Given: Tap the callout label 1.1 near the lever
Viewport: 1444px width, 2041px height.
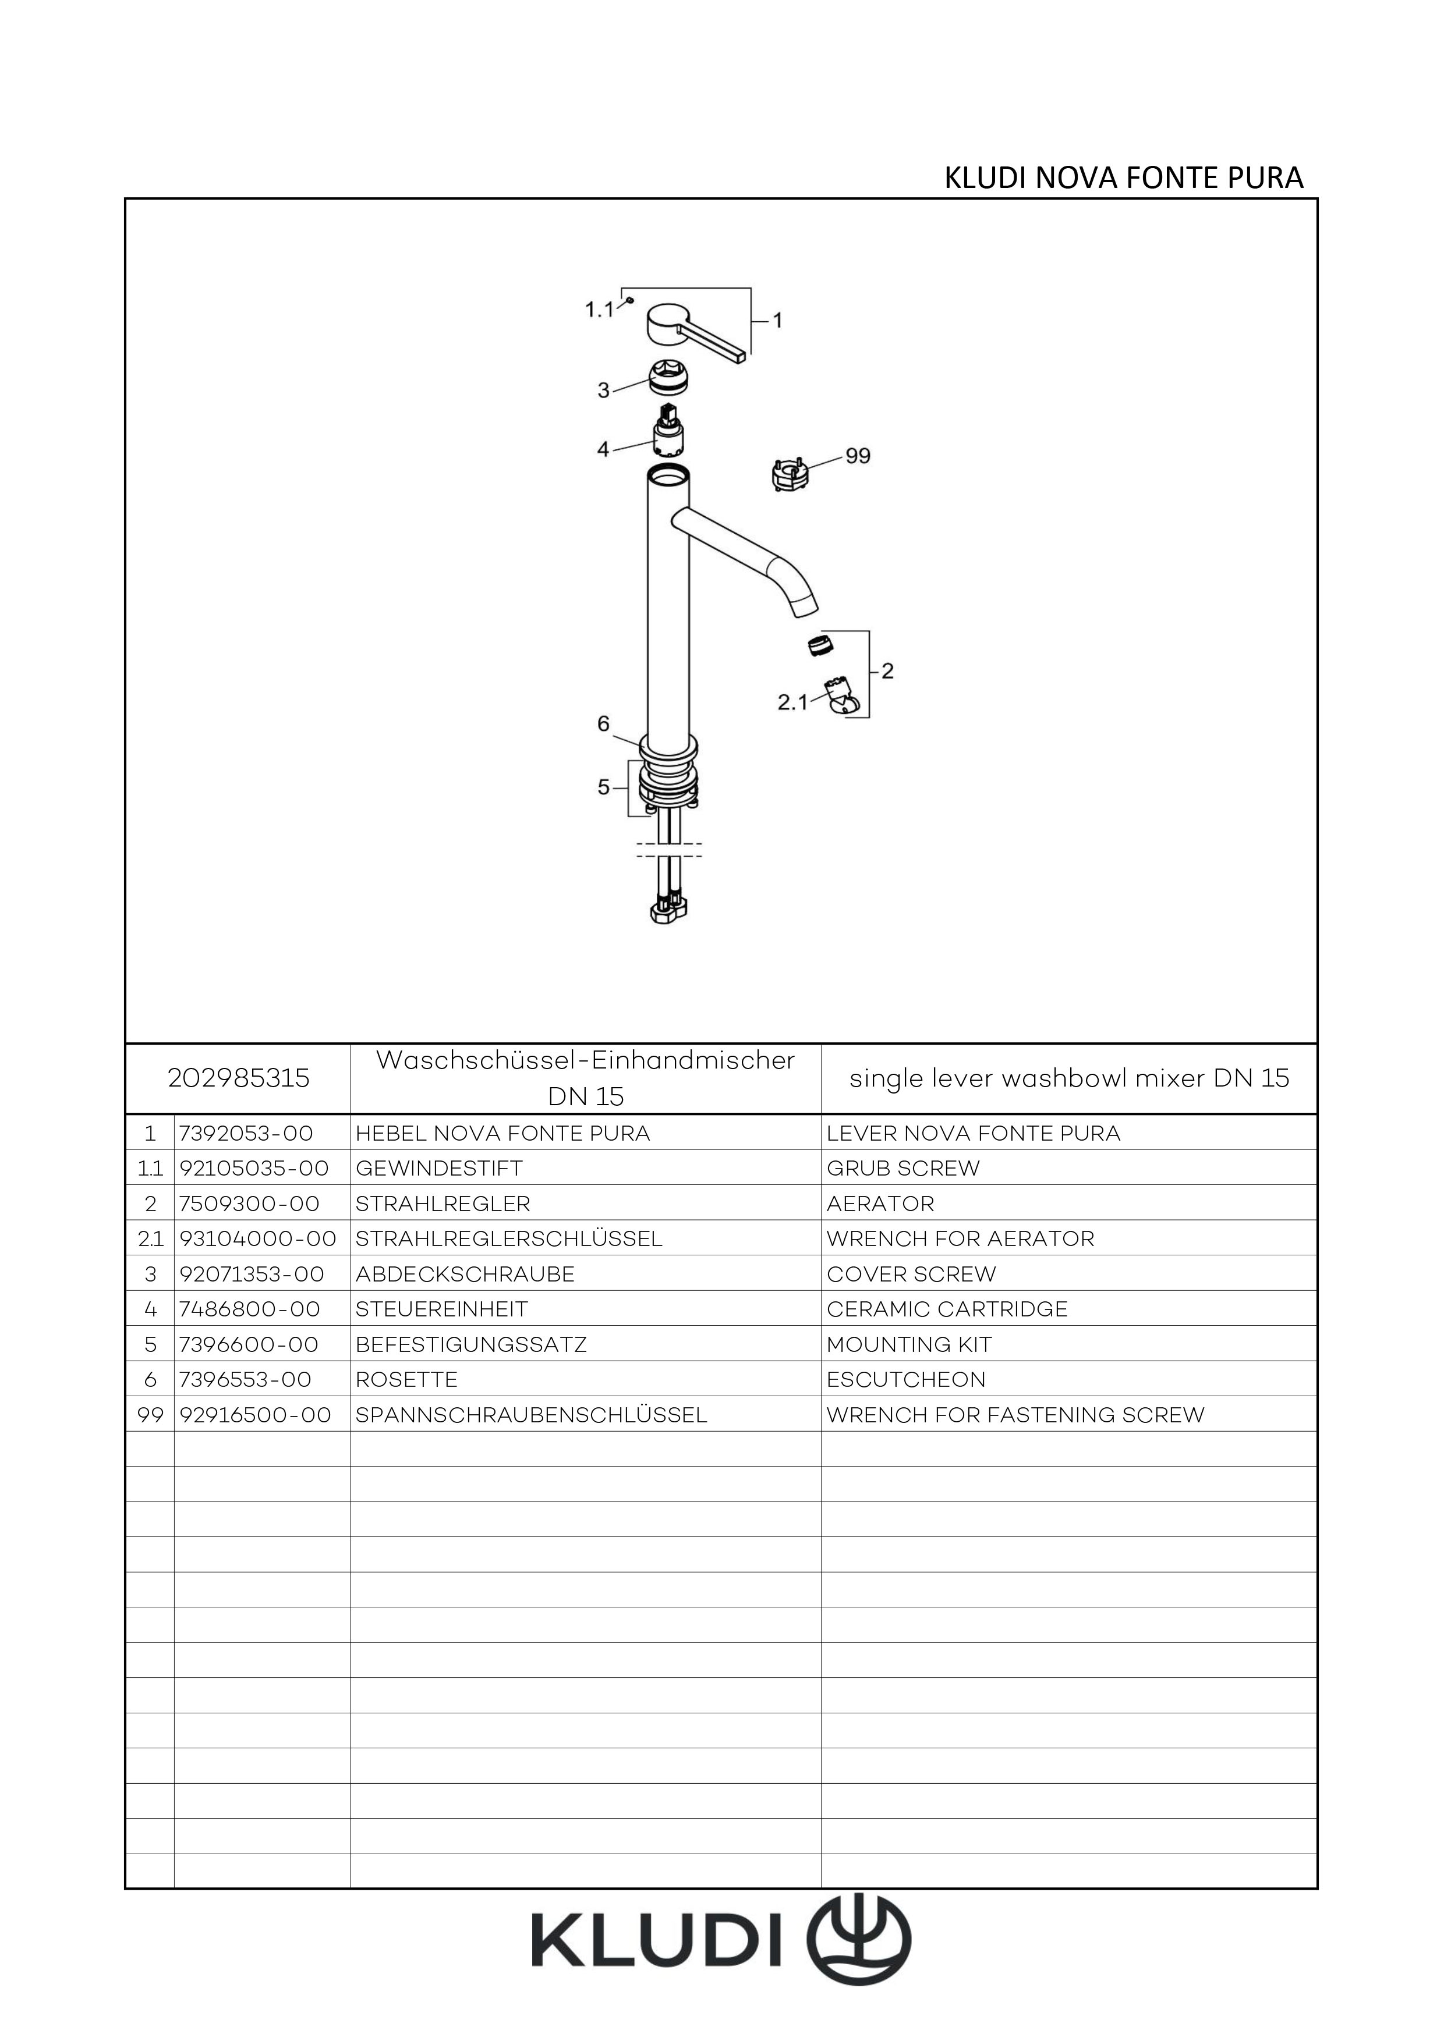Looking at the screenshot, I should pos(599,310).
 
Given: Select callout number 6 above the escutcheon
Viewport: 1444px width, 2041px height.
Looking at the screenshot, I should pos(604,725).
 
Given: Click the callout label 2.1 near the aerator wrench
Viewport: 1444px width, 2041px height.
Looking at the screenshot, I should pos(793,702).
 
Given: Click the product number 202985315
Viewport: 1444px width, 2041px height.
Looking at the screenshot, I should pos(238,1078).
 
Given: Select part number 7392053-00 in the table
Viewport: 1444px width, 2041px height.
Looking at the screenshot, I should pos(246,1133).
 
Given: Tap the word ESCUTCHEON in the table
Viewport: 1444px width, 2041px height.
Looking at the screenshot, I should pos(906,1380).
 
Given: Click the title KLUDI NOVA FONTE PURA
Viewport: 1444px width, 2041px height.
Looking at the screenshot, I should pos(1123,179).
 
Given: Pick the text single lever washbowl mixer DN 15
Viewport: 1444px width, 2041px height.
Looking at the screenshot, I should pos(1069,1078).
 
